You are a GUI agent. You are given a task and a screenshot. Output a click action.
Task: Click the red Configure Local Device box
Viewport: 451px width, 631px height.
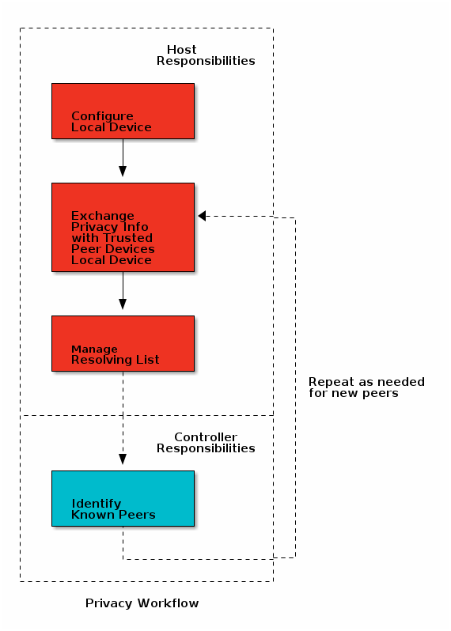coord(123,111)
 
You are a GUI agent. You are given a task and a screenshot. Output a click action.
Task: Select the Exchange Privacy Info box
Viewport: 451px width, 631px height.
coord(123,227)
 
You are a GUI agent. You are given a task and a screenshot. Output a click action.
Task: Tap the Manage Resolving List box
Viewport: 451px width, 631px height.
coord(123,343)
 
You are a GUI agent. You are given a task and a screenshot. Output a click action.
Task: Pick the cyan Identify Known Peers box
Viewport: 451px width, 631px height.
coord(123,498)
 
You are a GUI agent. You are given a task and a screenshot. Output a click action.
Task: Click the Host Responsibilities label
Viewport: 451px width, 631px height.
coord(205,55)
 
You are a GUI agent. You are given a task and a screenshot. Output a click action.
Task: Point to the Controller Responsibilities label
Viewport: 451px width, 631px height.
coord(205,443)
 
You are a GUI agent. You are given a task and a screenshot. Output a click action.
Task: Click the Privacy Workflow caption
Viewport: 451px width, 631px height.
coord(142,603)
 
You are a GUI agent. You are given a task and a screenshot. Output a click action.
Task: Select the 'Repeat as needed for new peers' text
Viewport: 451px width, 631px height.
coord(366,387)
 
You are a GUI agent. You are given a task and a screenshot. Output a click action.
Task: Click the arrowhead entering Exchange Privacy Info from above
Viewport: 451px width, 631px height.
coord(123,171)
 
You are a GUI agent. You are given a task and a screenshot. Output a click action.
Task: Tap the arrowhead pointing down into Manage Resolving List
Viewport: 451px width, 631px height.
coord(123,304)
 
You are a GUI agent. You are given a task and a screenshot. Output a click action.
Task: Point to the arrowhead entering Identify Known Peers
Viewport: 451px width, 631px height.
coord(123,459)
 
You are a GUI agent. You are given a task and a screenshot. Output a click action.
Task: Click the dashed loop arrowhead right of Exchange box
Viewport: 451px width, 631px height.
coord(203,216)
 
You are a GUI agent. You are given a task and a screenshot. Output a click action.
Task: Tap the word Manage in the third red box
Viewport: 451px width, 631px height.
coord(94,349)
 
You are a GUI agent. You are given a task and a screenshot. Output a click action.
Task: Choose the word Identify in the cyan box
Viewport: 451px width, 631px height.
coord(97,504)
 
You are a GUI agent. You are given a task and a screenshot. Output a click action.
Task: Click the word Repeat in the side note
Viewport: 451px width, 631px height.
coord(327,382)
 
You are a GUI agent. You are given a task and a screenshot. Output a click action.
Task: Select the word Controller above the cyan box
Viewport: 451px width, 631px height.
coord(205,437)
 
